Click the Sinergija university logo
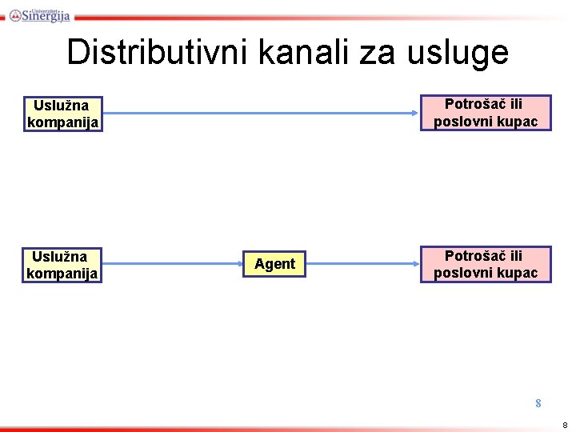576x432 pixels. point(40,14)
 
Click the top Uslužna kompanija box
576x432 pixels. point(63,114)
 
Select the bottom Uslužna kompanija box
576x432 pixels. point(63,265)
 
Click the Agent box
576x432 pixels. point(274,263)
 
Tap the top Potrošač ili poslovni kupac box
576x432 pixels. point(486,113)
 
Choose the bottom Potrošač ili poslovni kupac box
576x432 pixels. point(486,264)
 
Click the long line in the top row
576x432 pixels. point(262,114)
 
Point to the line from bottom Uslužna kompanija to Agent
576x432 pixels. point(173,264)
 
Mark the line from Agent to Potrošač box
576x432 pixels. point(364,264)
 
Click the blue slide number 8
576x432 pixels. point(538,403)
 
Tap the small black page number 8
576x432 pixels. point(565,424)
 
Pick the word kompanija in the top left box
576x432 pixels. point(63,122)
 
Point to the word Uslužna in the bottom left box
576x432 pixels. point(59,257)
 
